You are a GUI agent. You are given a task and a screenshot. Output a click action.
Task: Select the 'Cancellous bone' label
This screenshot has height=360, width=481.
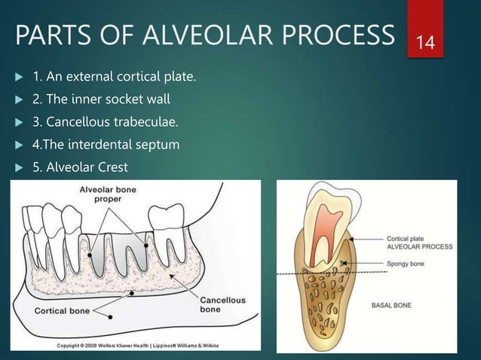pyautogui.click(x=221, y=304)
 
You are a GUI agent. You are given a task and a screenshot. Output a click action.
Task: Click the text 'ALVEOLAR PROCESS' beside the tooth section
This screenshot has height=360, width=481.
pyautogui.click(x=419, y=245)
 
